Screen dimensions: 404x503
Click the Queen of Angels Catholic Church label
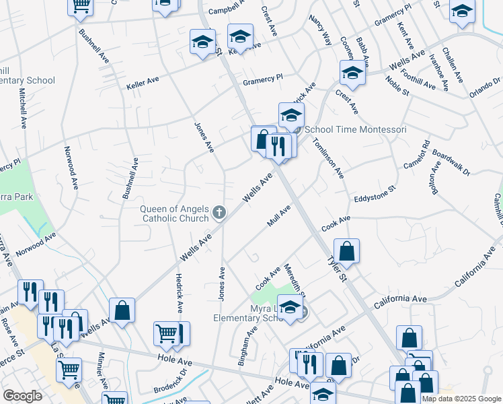tap(175, 213)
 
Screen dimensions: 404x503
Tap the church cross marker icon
tap(219, 213)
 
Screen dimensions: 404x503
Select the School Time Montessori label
tap(356, 129)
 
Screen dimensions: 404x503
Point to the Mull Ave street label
tap(278, 216)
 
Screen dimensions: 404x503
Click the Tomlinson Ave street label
tap(328, 158)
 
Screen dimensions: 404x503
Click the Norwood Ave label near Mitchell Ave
tap(71, 168)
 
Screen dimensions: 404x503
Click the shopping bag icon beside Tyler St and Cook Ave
tap(346, 252)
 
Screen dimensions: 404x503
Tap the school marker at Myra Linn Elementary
tap(290, 308)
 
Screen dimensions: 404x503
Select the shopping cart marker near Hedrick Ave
tap(166, 333)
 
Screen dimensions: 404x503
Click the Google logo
tap(23, 396)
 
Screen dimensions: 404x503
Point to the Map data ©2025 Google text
tap(461, 399)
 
